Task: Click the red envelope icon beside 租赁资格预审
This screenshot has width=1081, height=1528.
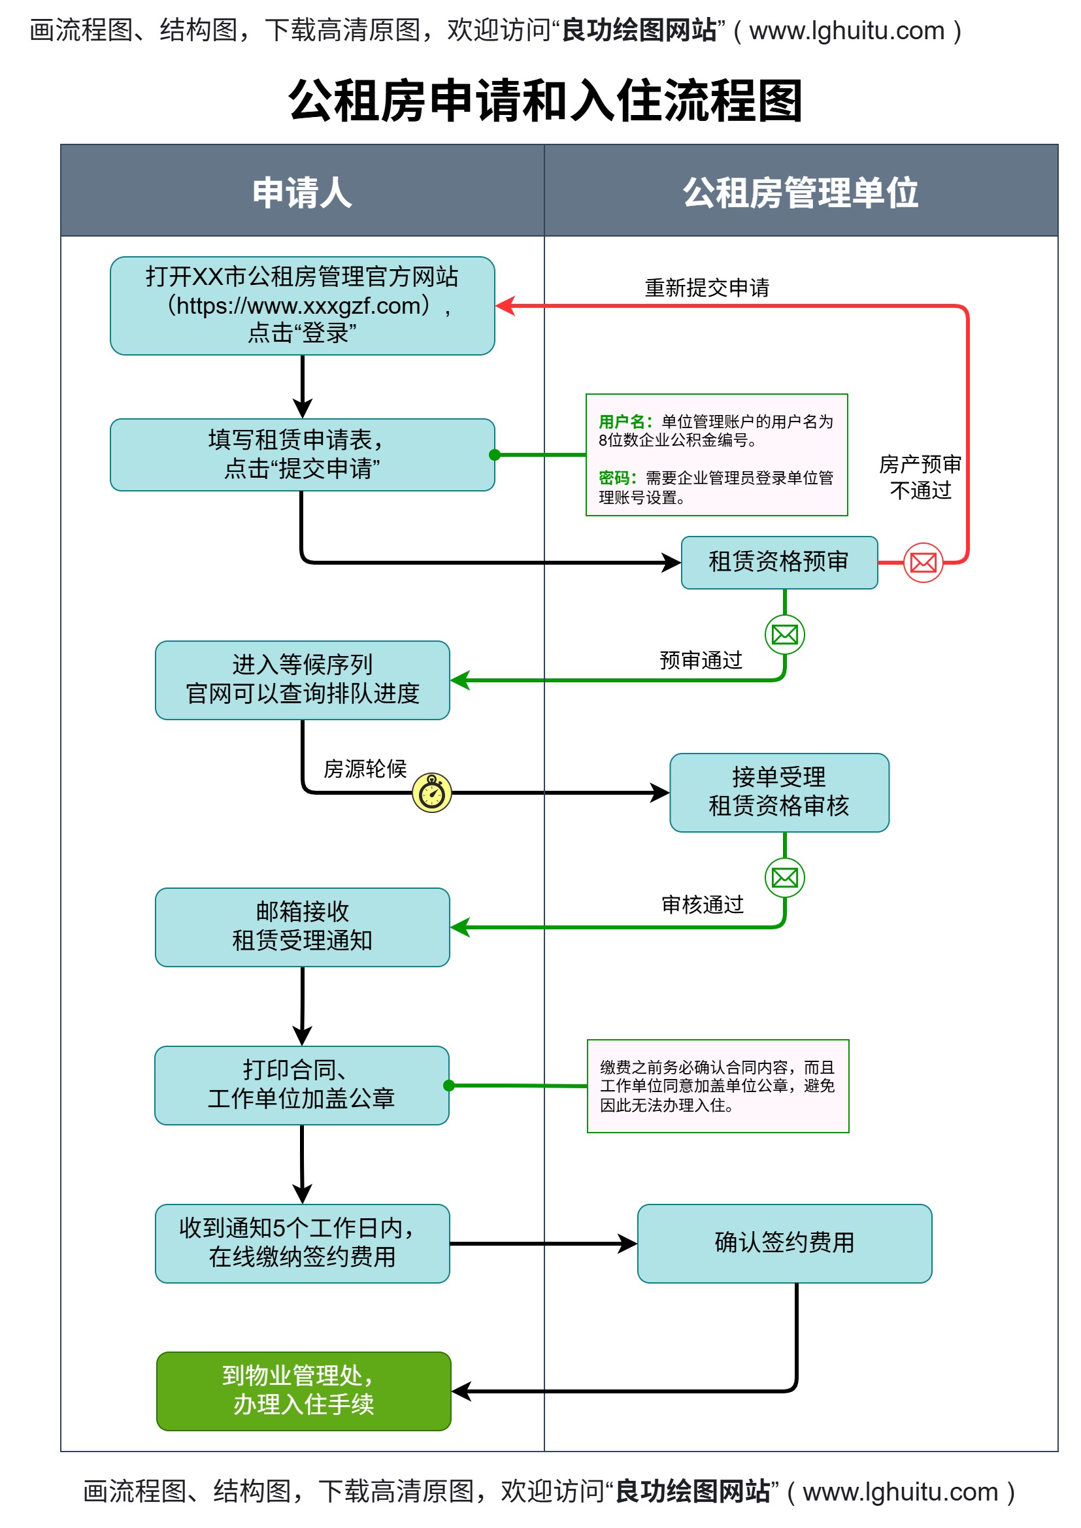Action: point(923,563)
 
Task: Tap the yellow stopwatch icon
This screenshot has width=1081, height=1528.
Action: point(432,793)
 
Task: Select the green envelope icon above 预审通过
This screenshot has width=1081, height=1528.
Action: point(785,635)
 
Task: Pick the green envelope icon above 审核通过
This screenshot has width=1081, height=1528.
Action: point(785,878)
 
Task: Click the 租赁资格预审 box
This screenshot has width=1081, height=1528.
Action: point(779,562)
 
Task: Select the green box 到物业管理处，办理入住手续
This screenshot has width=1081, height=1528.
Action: point(303,1391)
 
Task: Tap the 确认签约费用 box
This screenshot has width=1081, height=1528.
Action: point(784,1243)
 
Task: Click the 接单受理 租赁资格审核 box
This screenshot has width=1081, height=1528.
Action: point(779,793)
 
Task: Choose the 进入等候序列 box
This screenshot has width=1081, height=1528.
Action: point(302,680)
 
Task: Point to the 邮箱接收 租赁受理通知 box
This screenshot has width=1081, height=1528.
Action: point(302,927)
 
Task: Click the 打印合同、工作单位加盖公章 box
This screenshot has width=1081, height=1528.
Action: point(301,1086)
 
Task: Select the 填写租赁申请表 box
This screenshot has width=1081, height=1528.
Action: point(302,454)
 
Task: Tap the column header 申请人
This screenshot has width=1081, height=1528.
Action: point(302,192)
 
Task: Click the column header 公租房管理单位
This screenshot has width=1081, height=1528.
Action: point(800,192)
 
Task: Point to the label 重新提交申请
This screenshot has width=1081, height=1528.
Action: point(707,288)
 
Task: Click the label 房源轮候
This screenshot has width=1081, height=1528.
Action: point(365,769)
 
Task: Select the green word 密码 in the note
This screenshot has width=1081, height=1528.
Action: point(616,478)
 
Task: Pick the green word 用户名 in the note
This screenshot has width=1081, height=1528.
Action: point(621,422)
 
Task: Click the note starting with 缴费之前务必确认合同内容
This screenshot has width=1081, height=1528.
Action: point(718,1086)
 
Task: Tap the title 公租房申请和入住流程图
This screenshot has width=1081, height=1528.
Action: point(544,101)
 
